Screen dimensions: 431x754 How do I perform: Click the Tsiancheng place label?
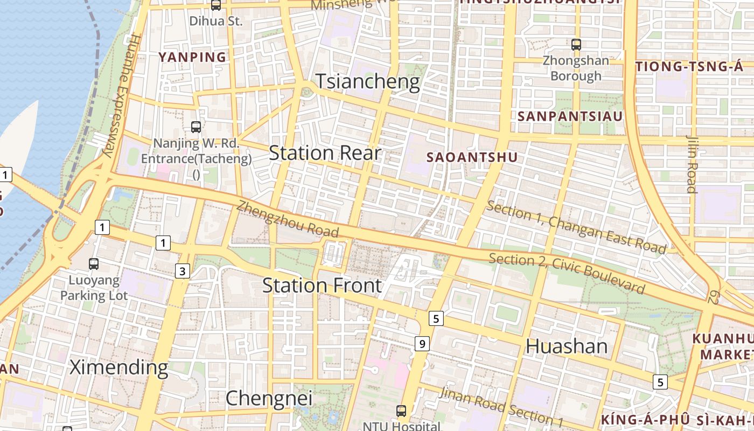point(367,81)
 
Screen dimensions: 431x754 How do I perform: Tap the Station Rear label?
point(325,153)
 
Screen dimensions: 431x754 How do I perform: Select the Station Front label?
point(322,285)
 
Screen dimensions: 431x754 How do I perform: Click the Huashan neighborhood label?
point(567,346)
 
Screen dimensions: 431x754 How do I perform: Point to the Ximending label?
point(119,367)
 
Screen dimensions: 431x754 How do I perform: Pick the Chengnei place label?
point(269,399)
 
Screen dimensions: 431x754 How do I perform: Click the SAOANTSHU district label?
point(472,157)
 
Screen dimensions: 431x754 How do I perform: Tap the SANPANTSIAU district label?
point(570,116)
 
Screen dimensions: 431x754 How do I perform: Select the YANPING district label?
point(192,57)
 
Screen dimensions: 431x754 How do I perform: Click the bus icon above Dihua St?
point(216,5)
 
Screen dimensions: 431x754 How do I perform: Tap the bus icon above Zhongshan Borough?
point(576,45)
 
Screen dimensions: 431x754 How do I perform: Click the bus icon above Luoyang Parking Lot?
point(94,264)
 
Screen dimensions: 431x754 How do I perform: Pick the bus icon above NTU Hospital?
point(401,411)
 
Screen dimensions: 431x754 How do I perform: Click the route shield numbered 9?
point(422,343)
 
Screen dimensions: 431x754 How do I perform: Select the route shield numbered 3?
point(183,271)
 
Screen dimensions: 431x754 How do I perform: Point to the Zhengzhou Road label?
point(288,219)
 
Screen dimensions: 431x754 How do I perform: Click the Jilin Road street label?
point(691,164)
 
